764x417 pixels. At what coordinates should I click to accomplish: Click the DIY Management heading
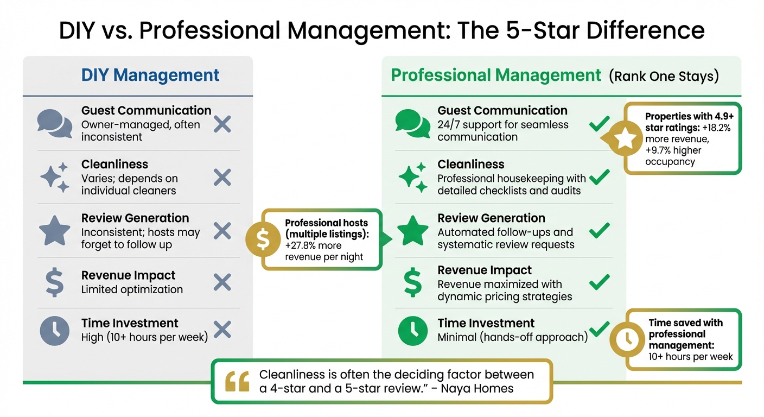(x=150, y=75)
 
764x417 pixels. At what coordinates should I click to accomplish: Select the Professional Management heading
(x=496, y=75)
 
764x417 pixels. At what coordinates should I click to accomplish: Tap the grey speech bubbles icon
(x=54, y=123)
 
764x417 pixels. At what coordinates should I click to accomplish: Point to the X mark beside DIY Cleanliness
(x=222, y=178)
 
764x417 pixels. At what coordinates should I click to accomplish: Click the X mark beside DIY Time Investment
(x=222, y=330)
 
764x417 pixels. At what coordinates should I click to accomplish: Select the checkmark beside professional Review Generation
(x=599, y=231)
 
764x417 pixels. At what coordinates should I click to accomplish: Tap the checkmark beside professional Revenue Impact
(x=599, y=282)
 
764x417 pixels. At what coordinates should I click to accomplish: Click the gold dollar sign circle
(x=263, y=239)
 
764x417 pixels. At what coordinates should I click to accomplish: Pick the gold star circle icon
(x=625, y=138)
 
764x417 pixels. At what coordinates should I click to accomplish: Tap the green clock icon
(x=412, y=330)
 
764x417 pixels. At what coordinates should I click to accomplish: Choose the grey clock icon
(x=54, y=330)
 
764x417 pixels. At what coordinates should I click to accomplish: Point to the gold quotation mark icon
(x=237, y=381)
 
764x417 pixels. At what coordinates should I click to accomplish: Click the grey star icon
(x=54, y=231)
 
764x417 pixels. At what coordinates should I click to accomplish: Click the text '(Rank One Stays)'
(x=664, y=76)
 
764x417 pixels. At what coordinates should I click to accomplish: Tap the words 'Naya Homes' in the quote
(x=477, y=388)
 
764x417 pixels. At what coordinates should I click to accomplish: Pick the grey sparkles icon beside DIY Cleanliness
(x=54, y=178)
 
